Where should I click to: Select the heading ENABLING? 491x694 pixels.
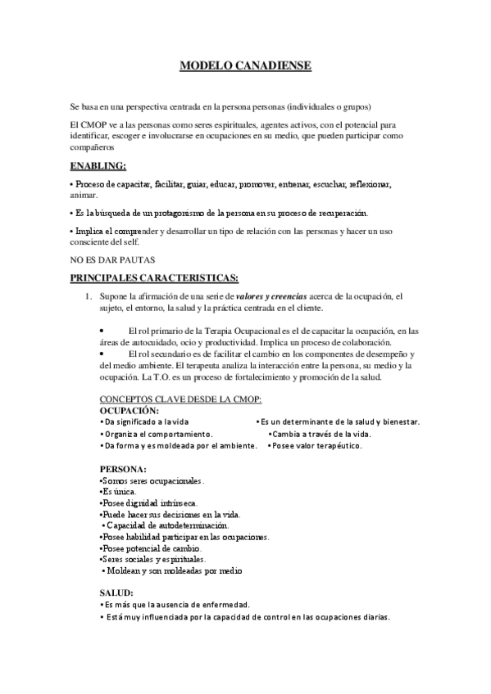point(98,165)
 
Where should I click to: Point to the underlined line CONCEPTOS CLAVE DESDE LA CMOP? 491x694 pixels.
point(180,399)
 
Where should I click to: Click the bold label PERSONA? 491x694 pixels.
point(123,469)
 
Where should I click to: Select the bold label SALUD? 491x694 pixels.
point(116,592)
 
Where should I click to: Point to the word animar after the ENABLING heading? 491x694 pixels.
point(83,195)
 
